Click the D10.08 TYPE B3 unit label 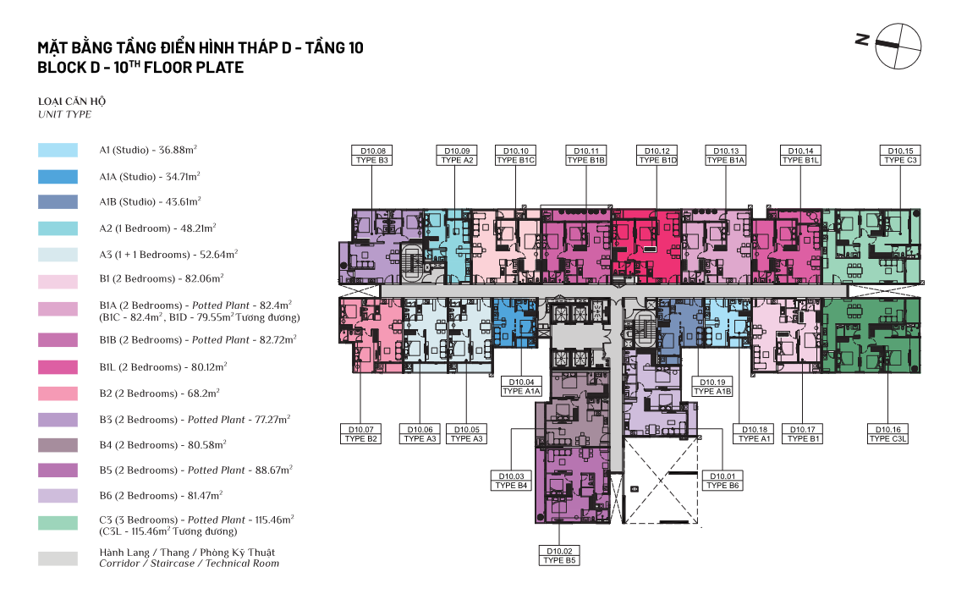pos(372,156)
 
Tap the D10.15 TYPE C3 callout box pos(900,156)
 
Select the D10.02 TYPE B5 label pos(559,556)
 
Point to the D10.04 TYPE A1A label pos(521,387)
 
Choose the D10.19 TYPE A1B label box pos(712,387)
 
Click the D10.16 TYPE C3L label pos(887,433)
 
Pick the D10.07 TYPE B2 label pos(361,433)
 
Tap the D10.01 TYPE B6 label pos(722,481)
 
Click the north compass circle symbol pos(898,47)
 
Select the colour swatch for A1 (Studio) pos(58,150)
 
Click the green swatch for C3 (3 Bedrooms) pos(58,523)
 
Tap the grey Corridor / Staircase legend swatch pos(58,558)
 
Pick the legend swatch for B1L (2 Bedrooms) pos(58,367)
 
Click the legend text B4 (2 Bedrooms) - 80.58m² pos(162,444)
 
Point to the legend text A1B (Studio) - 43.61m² pos(150,201)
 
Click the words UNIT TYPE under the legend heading pos(64,114)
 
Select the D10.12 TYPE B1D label pos(657,156)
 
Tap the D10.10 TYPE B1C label pos(516,156)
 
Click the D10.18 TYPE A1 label pos(754,433)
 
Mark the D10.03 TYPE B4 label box pos(511,481)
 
